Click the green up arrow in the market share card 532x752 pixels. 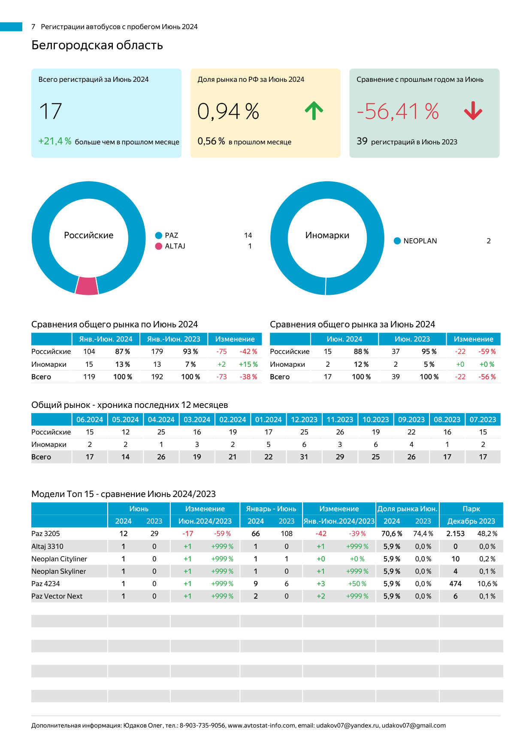tap(314, 111)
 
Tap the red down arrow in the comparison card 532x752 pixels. tap(473, 111)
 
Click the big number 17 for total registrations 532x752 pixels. tap(51, 111)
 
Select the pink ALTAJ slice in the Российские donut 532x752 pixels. tap(87, 286)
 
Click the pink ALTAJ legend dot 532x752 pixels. tap(159, 246)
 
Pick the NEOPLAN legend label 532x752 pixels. tap(420, 241)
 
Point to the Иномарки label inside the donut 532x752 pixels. tap(327, 235)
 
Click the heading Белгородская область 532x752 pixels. tap(97, 45)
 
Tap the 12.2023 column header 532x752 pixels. tap(304, 419)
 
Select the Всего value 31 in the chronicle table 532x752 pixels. tap(304, 457)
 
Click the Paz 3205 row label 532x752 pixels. tap(45, 533)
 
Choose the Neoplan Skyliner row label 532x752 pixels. tap(58, 571)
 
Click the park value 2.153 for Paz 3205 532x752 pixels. tap(455, 533)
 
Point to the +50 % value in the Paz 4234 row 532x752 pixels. tap(357, 584)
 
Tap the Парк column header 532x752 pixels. tap(471, 509)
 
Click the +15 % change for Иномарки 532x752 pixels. tap(248, 364)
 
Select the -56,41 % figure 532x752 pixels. tap(398, 111)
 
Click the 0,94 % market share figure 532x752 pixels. tap(228, 111)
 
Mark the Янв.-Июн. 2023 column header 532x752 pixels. tap(173, 339)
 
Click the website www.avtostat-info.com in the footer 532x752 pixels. tap(261, 725)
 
